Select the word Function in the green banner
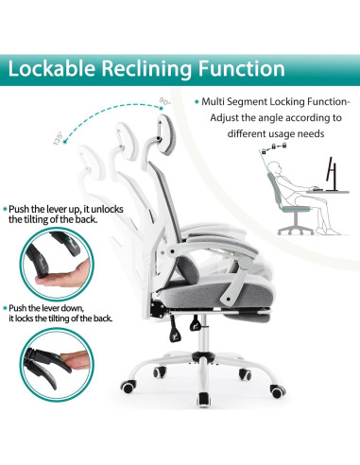[x=242, y=69]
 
